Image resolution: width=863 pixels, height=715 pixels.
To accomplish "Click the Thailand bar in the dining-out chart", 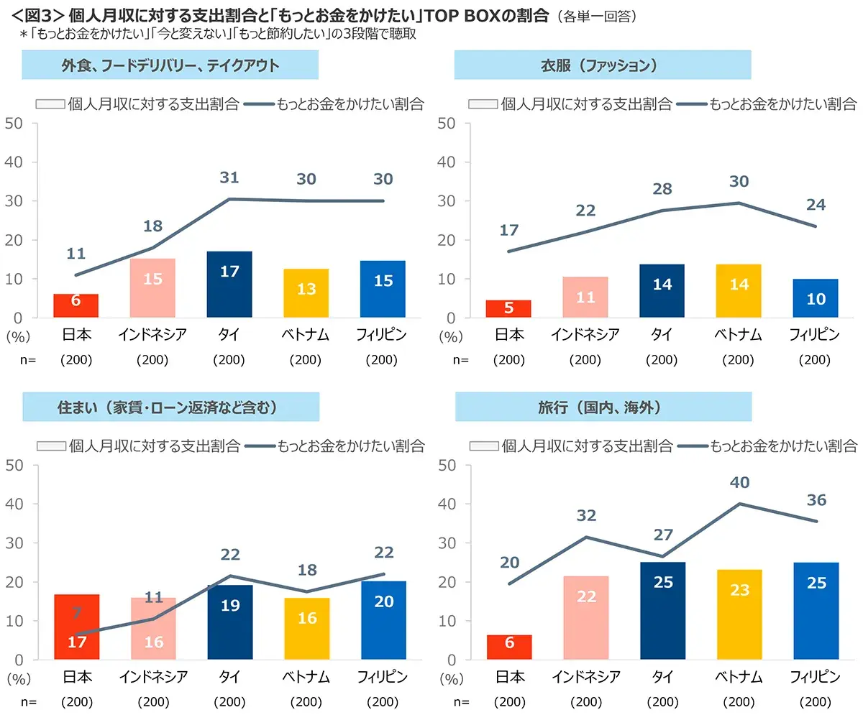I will pyautogui.click(x=229, y=284).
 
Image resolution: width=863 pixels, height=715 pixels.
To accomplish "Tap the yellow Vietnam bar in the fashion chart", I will pyautogui.click(x=739, y=291).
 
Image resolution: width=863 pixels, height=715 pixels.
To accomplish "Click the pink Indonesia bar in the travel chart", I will pyautogui.click(x=586, y=617).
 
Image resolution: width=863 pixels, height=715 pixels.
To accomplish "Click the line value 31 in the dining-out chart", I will pyautogui.click(x=229, y=177).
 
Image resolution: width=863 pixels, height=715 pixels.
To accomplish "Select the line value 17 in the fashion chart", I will pyautogui.click(x=509, y=230).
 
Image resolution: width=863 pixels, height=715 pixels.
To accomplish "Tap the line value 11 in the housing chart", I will pyautogui.click(x=153, y=596).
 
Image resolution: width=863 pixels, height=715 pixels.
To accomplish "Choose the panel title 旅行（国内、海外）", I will pyautogui.click(x=603, y=407).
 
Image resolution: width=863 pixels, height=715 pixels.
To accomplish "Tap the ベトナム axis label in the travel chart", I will pyautogui.click(x=739, y=677).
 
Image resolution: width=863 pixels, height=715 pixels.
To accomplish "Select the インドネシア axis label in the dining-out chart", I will pyautogui.click(x=153, y=335).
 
